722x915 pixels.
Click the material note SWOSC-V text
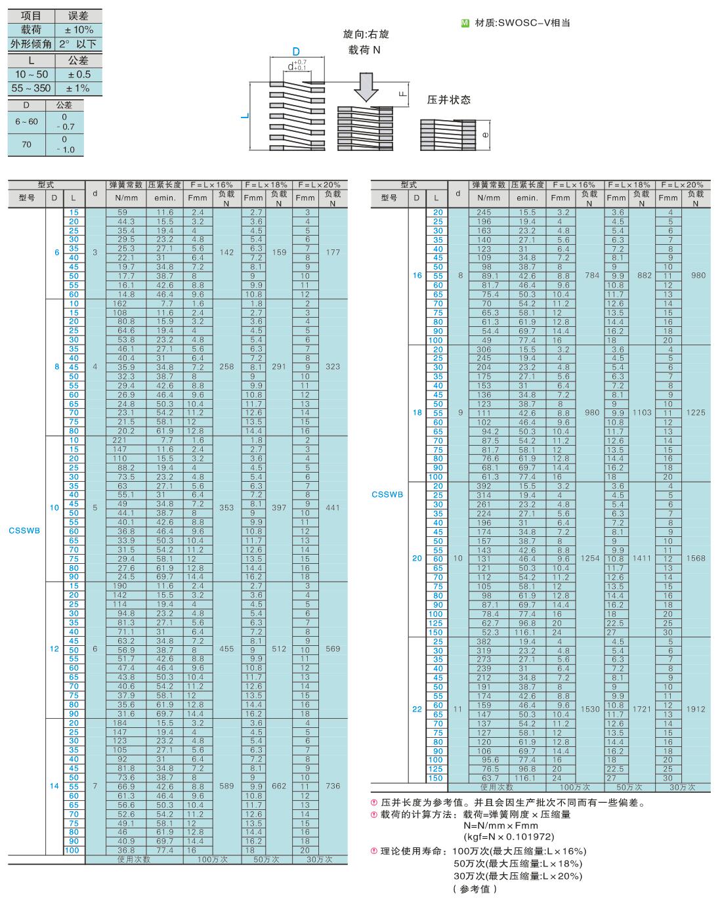tap(534, 23)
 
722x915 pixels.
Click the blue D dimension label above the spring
tap(296, 51)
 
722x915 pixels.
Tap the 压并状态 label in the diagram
tap(449, 100)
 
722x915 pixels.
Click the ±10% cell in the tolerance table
tap(79, 30)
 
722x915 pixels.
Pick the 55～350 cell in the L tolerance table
tap(32, 88)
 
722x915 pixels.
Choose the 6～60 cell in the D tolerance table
tap(27, 121)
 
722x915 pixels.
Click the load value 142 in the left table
tap(226, 252)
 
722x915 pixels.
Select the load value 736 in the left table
tap(333, 786)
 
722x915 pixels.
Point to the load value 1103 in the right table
tap(642, 412)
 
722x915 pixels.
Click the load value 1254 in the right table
tap(590, 558)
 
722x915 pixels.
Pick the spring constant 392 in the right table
tap(484, 486)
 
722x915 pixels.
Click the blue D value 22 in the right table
tap(417, 709)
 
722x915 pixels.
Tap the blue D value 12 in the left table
tap(54, 649)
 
